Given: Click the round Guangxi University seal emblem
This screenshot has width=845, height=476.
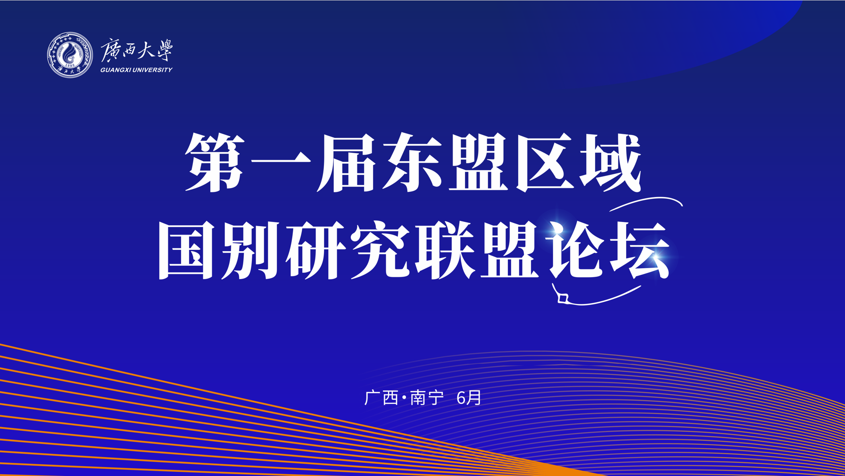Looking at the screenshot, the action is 70,55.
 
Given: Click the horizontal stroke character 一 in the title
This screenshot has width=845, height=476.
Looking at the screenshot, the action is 281,162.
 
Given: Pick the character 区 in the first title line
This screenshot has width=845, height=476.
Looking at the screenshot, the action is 545,162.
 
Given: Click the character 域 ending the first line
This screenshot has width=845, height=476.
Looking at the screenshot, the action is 611,162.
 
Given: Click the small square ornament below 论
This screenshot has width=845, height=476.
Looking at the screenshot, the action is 563,298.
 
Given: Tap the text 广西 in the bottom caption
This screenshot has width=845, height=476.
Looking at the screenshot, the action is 381,398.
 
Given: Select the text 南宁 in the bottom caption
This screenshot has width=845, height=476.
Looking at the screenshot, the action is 427,398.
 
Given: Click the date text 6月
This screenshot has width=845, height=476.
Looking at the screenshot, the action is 469,398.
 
